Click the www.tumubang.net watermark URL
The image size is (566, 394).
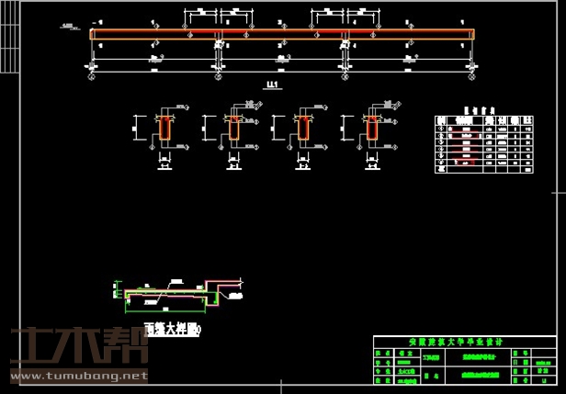click(74, 376)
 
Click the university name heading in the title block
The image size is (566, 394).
click(468, 342)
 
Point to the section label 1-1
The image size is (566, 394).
click(165, 167)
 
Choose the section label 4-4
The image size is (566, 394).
click(371, 167)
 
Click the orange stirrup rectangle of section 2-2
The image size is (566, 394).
click(234, 129)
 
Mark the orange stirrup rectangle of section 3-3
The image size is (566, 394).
click(302, 129)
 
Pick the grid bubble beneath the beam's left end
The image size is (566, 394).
click(92, 67)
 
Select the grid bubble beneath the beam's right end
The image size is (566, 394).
click(473, 67)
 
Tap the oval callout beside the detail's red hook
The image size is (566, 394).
click(231, 297)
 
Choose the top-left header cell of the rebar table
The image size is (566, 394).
click(441, 118)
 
